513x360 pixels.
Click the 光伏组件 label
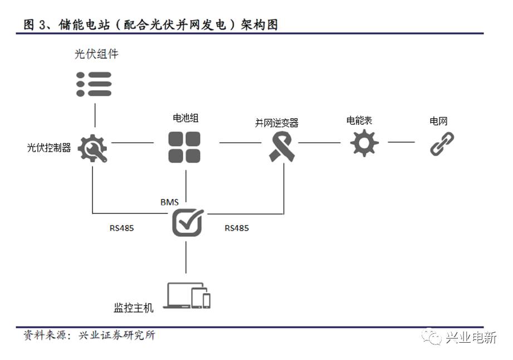coord(96,54)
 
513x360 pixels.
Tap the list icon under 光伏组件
coord(94,84)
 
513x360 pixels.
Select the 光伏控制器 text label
coord(49,148)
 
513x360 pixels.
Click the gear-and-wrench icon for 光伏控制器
coord(92,148)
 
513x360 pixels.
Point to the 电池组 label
coord(185,118)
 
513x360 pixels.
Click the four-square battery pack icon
coord(185,147)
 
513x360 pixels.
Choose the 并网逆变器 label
coord(277,123)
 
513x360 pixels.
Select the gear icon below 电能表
coord(364,143)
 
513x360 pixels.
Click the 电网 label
coord(439,120)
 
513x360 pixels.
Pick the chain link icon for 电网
coord(442,143)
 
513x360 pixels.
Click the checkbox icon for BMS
coord(187,222)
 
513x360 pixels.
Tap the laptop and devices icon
coord(189,296)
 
